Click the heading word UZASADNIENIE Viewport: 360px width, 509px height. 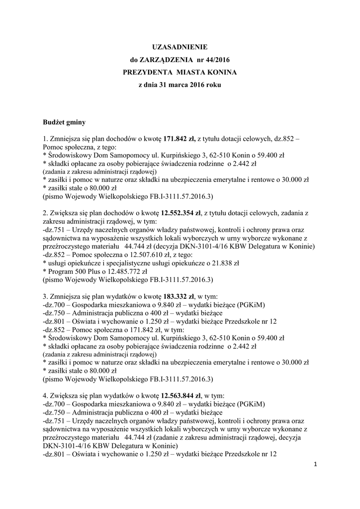coord(180,47)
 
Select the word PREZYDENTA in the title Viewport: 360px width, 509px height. coord(147,73)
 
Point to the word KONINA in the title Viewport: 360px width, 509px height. coord(220,73)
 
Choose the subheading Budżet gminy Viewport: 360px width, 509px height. coord(63,121)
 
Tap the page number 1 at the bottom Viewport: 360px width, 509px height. coord(315,464)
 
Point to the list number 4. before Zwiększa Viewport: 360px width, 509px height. coord(46,396)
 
